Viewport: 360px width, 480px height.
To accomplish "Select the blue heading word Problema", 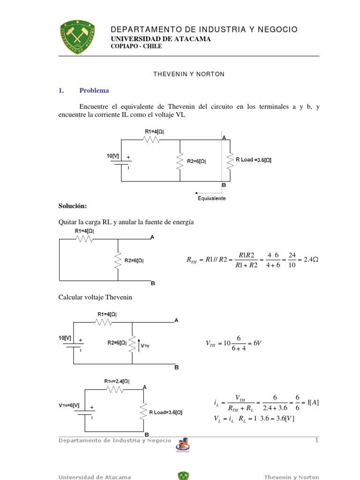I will [94, 90].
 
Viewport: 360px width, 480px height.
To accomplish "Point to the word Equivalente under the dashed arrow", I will [211, 198].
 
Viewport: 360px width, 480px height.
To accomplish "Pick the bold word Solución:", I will [73, 206].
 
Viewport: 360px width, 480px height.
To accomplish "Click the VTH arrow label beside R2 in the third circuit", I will [145, 346].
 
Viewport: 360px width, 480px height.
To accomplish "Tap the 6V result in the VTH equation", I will [256, 344].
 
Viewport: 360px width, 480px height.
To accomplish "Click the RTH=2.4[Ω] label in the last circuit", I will [117, 382].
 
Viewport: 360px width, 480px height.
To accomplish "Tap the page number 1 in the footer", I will [316, 440].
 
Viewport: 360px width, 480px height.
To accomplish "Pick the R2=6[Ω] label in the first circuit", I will [196, 161].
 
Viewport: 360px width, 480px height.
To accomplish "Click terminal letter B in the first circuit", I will [224, 185].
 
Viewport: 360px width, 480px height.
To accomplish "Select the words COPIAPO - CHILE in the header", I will [136, 46].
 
